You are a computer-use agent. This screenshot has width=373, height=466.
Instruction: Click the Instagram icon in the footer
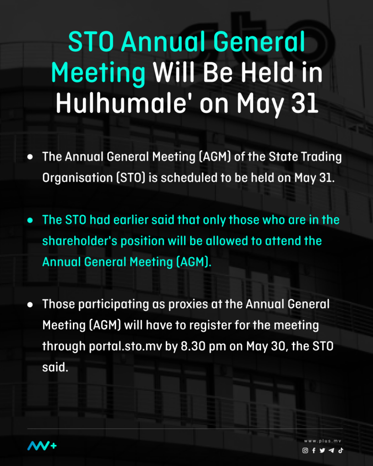coord(305,450)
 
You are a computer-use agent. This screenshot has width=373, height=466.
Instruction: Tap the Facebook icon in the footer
coord(314,450)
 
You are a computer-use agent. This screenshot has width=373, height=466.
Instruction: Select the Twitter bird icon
coord(322,450)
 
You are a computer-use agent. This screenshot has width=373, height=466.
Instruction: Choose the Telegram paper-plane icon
coord(332,450)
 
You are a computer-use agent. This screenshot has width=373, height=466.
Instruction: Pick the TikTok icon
coord(341,450)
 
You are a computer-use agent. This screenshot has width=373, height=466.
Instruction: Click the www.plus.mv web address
coord(323,441)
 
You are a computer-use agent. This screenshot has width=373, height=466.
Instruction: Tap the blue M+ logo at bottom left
coord(42,446)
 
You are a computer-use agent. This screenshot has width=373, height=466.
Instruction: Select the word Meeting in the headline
coord(98,73)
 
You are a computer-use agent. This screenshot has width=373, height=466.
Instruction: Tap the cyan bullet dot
coord(30,220)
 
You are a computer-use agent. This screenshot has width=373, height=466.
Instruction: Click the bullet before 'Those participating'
coord(30,304)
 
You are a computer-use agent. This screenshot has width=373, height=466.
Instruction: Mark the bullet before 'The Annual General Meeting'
coord(30,157)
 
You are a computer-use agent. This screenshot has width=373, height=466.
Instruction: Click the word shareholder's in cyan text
coord(80,241)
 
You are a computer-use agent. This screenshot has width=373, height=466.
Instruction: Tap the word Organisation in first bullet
coord(77,178)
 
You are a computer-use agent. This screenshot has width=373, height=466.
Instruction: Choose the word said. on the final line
coord(55,367)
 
